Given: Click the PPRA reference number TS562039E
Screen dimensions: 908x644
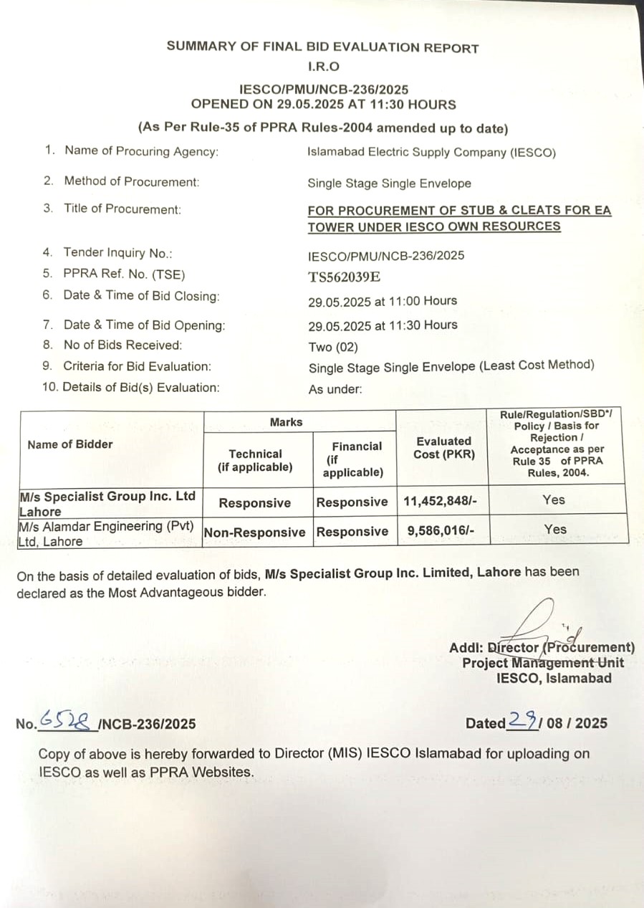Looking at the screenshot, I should pyautogui.click(x=345, y=277).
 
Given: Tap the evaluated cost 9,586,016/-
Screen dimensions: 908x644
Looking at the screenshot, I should pyautogui.click(x=435, y=532).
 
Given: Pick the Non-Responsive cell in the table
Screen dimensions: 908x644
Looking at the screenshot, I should pyautogui.click(x=254, y=532).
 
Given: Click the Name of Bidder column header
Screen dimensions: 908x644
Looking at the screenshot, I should pyautogui.click(x=70, y=444).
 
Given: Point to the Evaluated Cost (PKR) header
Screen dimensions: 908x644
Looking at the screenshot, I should pyautogui.click(x=443, y=448).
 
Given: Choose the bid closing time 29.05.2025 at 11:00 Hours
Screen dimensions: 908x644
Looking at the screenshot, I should pyautogui.click(x=383, y=301).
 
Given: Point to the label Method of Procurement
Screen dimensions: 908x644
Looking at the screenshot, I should pyautogui.click(x=131, y=181).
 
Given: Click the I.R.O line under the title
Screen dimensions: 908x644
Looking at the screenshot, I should pyautogui.click(x=323, y=67).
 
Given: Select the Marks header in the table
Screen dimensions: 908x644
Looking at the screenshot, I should pyautogui.click(x=286, y=422).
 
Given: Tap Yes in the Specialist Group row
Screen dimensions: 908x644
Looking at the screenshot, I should pyautogui.click(x=554, y=500).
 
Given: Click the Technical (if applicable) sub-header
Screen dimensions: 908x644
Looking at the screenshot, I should pyautogui.click(x=255, y=460).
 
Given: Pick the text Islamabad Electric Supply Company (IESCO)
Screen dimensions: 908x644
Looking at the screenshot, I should pyautogui.click(x=431, y=153).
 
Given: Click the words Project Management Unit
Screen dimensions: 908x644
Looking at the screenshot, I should pyautogui.click(x=542, y=663).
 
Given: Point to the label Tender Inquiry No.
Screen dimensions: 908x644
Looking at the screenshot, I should pyautogui.click(x=118, y=252).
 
